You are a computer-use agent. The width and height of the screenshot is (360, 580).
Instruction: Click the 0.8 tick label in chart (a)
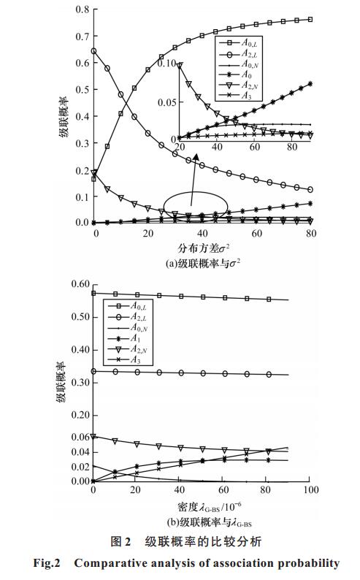coord(82,9)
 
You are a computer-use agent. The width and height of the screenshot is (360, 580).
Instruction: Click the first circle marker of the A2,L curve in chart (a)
coord(94,51)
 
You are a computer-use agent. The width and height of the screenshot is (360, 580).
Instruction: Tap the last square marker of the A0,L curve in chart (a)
coord(310,19)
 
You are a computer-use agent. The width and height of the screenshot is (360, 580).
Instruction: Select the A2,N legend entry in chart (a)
coord(238,85)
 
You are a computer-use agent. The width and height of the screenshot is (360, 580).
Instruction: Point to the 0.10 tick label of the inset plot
coord(166,64)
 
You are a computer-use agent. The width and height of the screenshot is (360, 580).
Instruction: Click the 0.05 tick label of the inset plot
coord(166,102)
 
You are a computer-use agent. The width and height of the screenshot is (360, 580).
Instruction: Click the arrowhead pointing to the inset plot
coord(196,159)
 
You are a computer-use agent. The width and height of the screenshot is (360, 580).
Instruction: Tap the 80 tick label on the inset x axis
coord(292,147)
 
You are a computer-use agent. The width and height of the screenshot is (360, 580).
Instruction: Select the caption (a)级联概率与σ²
coord(203,264)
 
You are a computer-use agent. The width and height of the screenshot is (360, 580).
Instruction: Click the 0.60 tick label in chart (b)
coord(80,284)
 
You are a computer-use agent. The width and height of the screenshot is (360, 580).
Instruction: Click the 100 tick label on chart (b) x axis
coord(311,489)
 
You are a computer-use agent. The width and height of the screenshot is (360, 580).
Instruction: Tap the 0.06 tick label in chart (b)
coord(80,437)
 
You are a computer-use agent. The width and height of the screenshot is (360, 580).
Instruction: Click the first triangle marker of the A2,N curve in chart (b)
coord(93,437)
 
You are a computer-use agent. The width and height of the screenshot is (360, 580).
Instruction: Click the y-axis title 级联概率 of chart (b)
coord(61,382)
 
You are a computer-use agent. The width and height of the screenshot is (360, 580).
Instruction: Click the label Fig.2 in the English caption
coord(47,563)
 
